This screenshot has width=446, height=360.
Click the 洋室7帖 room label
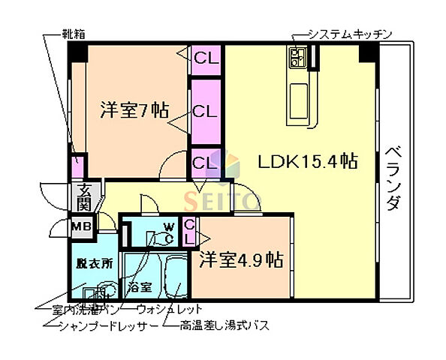(x=134, y=111)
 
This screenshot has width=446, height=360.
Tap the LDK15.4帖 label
(x=307, y=160)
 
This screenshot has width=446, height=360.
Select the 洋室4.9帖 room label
(x=240, y=260)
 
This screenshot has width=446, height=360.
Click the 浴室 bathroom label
(x=140, y=287)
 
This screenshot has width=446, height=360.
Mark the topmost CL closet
(x=205, y=58)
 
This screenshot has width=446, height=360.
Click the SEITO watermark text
(x=222, y=201)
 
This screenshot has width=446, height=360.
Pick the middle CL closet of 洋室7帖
(x=205, y=112)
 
